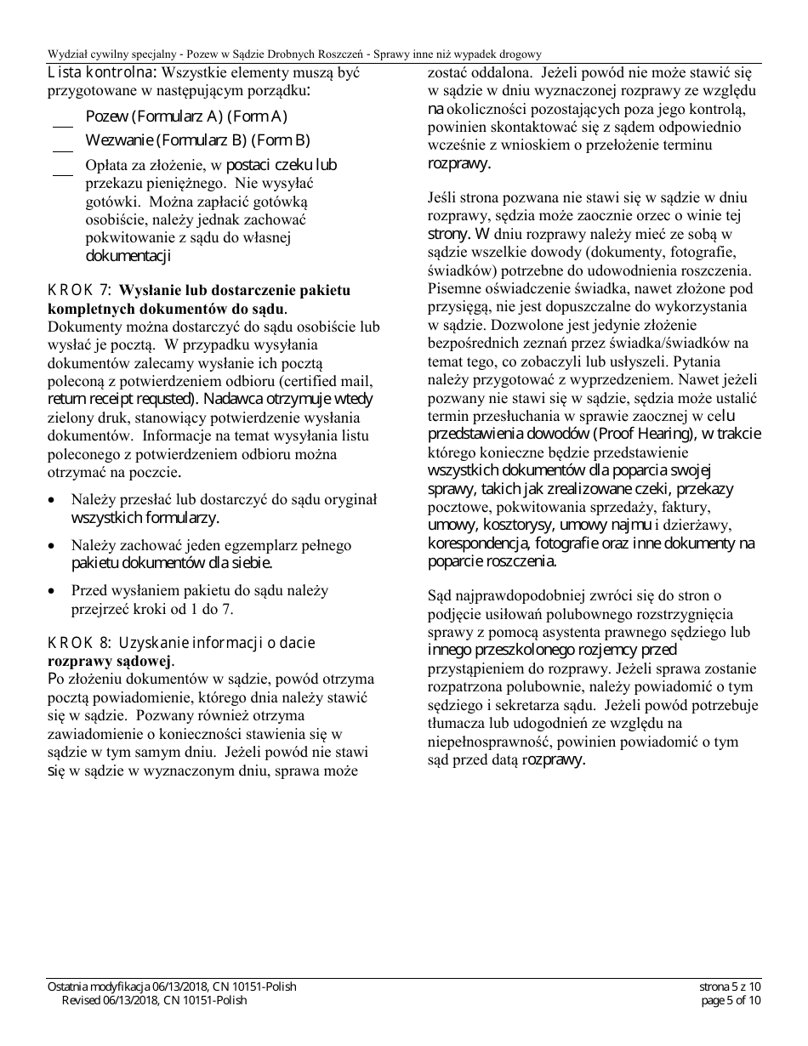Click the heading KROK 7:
[x=76, y=291]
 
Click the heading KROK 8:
[x=76, y=643]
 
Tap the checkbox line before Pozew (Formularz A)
[x=62, y=124]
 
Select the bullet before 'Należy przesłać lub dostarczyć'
[x=54, y=500]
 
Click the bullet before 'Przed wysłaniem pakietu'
[x=54, y=590]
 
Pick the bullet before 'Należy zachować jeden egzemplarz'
[x=54, y=545]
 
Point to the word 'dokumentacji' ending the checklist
[x=128, y=255]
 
